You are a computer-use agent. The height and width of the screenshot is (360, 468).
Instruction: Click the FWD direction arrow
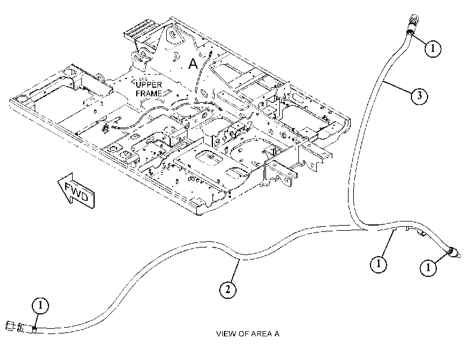[76, 191]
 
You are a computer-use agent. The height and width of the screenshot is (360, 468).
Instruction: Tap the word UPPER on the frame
[149, 85]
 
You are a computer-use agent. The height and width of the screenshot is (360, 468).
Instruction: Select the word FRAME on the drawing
[149, 93]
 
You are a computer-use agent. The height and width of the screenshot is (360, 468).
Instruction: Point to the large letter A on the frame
[193, 63]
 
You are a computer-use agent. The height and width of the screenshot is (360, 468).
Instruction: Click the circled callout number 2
[228, 289]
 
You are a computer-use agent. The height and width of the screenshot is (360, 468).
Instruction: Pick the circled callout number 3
[420, 96]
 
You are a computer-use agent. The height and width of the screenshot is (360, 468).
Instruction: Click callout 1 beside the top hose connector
[433, 48]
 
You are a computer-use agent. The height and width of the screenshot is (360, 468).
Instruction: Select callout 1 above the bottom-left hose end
[40, 305]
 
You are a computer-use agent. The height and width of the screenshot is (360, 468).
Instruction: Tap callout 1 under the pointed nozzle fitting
[428, 268]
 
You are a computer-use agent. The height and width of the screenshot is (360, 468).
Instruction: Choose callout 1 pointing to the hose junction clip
[379, 264]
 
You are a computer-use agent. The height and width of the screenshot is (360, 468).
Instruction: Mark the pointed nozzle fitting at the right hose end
[454, 253]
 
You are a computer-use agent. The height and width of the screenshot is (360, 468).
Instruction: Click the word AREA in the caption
[261, 333]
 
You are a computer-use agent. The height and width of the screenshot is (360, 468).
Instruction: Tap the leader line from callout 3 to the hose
[397, 88]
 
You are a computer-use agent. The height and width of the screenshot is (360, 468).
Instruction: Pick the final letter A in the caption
[276, 333]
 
